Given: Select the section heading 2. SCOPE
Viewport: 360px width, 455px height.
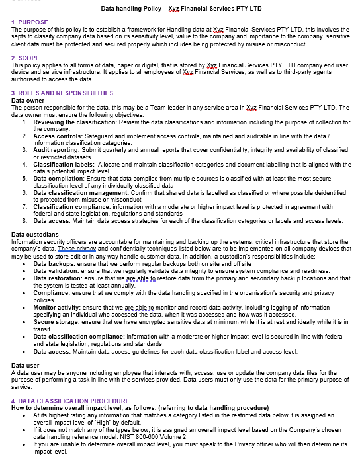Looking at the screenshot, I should point(26,58).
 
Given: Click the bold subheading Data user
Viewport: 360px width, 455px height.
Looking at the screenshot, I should point(26,365).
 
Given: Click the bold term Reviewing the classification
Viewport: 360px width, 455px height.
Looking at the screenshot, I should point(74,122).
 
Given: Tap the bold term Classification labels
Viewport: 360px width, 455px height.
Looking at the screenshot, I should point(63,164).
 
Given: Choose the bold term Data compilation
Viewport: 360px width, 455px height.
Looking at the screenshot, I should point(59,179).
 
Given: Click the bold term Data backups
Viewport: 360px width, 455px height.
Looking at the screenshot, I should point(55,263).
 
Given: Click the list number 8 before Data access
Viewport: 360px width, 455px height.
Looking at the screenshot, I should point(24,221).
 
